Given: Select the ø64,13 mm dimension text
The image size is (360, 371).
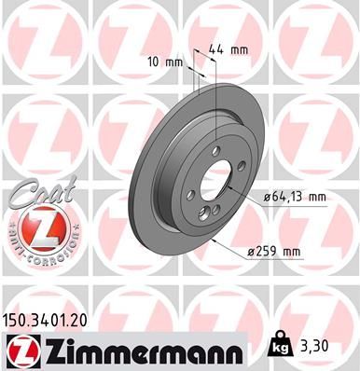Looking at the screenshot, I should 296,196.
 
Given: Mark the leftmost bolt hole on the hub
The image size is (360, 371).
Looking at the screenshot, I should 191,195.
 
